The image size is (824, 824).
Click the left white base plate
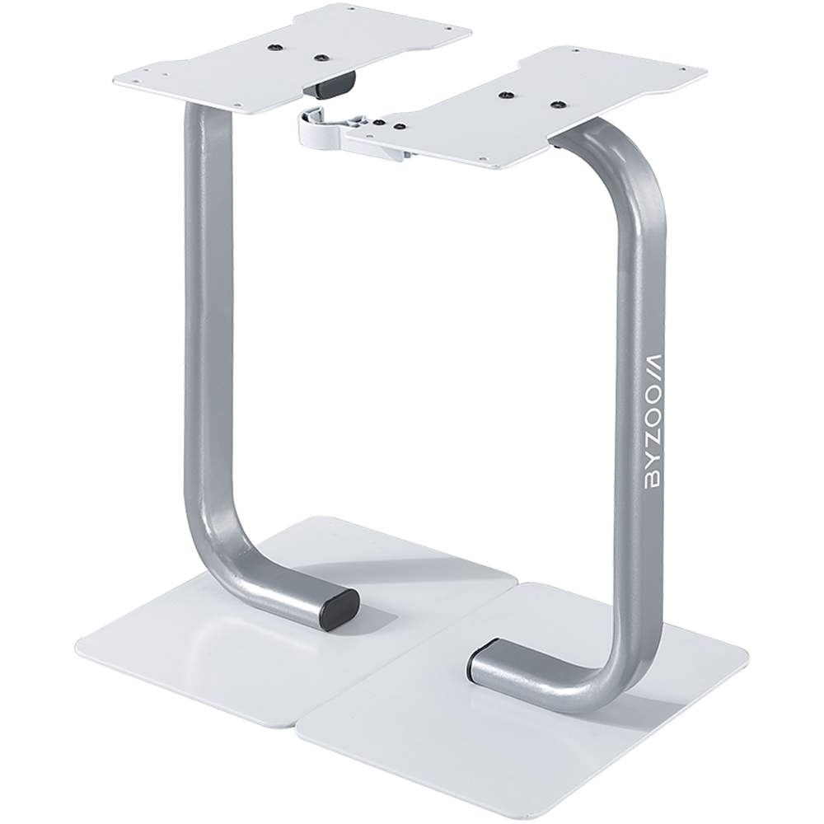coord(231,634)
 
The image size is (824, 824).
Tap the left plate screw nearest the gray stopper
coord(321,59)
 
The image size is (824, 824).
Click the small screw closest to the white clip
coord(378,121)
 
